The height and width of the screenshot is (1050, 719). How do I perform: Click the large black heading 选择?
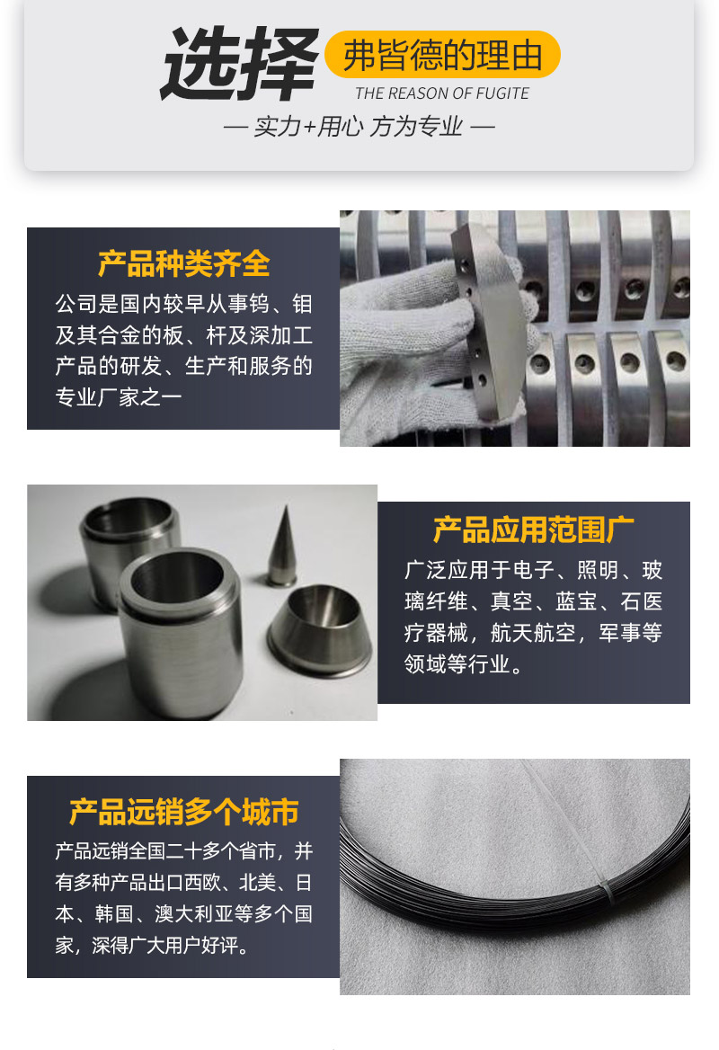click(239, 64)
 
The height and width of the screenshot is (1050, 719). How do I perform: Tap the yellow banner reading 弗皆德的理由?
click(442, 55)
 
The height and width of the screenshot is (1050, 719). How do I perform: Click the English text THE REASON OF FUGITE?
click(442, 93)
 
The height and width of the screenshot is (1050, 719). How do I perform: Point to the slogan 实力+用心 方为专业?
click(359, 127)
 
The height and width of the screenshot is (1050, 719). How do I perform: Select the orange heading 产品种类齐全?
click(184, 263)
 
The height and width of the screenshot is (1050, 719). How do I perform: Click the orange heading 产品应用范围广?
click(534, 529)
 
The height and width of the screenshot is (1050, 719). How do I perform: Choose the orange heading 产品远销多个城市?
click(184, 812)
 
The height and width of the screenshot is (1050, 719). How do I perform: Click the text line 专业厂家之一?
click(119, 397)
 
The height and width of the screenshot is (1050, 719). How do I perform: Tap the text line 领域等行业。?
click(463, 663)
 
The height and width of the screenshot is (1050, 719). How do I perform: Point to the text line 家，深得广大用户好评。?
click(153, 945)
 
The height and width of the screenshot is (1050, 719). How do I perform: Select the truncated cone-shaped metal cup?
click(319, 629)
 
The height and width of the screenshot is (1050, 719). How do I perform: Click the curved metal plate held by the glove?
click(487, 322)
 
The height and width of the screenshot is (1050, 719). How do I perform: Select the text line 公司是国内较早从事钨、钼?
click(184, 304)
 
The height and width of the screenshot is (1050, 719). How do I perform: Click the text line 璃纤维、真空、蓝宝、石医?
click(534, 601)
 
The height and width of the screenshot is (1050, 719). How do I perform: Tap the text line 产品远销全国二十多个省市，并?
click(184, 851)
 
